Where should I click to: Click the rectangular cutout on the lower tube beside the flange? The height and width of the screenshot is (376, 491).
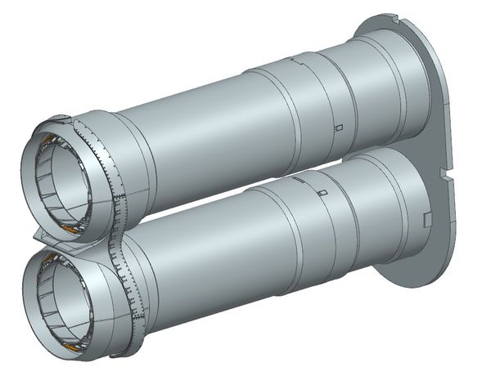426,217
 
